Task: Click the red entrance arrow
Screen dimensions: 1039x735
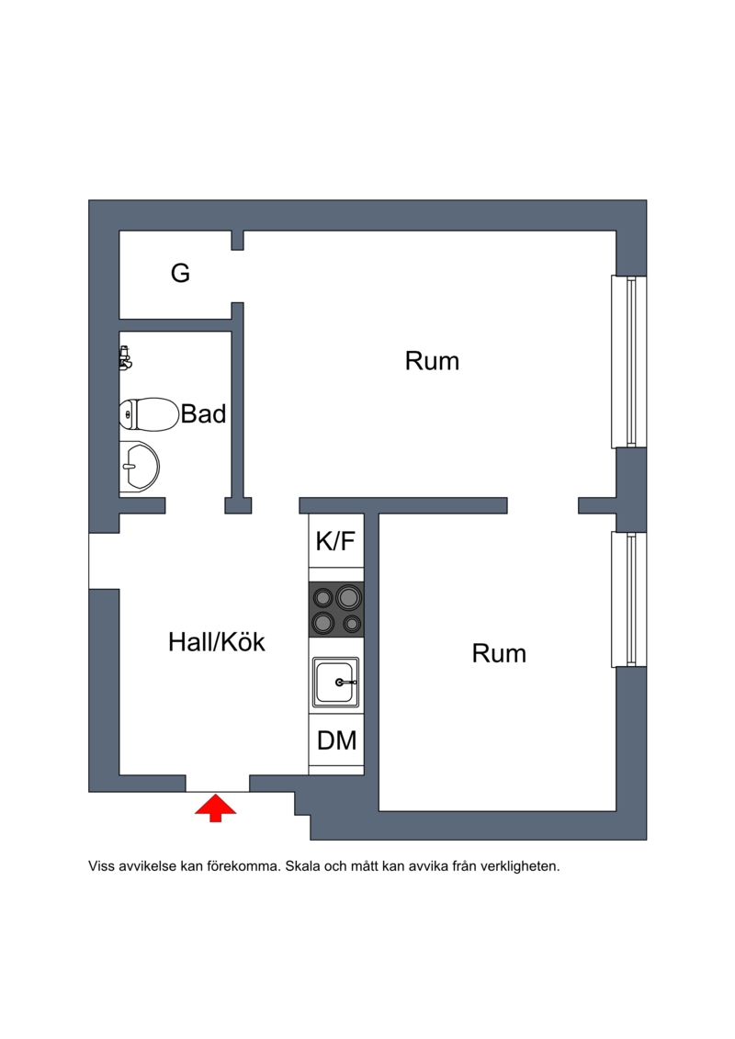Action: [x=216, y=807]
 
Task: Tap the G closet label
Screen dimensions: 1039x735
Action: [x=181, y=273]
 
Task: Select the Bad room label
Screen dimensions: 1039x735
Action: [x=203, y=414]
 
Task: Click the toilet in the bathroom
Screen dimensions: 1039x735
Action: [x=148, y=415]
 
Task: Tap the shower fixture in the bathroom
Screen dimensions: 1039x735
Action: [x=125, y=357]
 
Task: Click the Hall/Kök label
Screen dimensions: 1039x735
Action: [x=217, y=642]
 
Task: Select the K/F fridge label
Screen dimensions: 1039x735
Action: [x=335, y=542]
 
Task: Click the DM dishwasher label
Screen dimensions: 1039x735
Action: [x=336, y=740]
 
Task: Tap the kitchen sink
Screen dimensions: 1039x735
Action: [x=335, y=683]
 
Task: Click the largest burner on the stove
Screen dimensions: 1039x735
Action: [x=348, y=598]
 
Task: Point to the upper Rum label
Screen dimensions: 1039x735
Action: [x=432, y=361]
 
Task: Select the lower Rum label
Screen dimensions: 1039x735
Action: [x=499, y=654]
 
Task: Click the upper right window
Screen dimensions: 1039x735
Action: [x=630, y=362]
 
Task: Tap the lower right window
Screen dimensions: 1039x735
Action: [x=630, y=599]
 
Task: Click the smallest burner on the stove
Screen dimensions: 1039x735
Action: [x=351, y=624]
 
